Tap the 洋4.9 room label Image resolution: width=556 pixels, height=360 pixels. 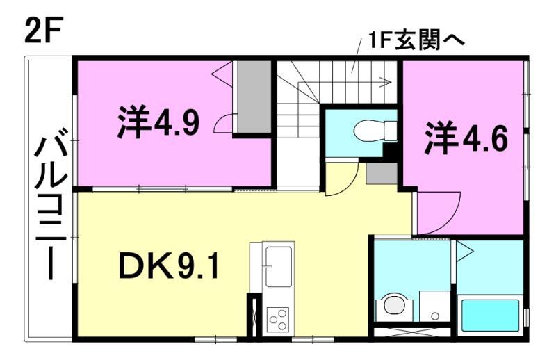[x=159, y=122]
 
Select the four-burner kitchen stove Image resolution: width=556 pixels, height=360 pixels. [x=277, y=318]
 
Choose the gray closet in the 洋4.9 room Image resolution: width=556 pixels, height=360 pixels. [x=254, y=97]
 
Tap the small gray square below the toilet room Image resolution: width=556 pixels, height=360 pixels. [x=382, y=173]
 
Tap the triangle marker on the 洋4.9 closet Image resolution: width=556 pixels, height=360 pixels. [x=224, y=70]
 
